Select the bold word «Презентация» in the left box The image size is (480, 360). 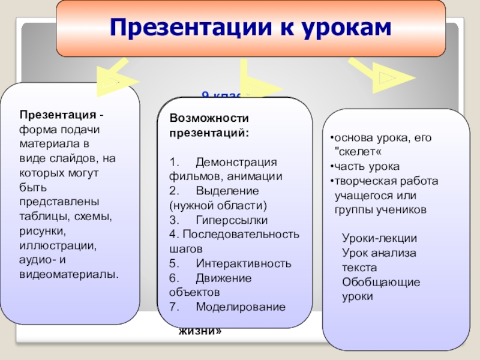tap(57, 115)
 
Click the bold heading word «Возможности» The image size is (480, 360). tap(208, 119)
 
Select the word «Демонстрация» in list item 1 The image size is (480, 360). tap(236, 163)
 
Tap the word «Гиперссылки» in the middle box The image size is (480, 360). tap(232, 220)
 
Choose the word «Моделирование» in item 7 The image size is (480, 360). tap(241, 307)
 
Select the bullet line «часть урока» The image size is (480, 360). tap(367, 166)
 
